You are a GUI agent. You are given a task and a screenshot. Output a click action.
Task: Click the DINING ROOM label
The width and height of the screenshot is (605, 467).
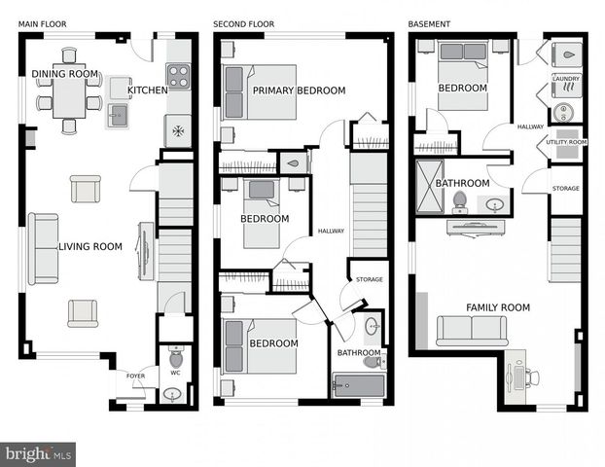pyautogui.click(x=65, y=74)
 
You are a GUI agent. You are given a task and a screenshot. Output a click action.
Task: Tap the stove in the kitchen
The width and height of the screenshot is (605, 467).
pyautogui.click(x=177, y=76)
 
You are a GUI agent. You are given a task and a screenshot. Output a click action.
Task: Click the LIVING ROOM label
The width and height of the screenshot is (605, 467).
pyautogui.click(x=90, y=247)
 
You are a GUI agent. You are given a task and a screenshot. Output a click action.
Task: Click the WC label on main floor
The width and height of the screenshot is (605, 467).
pyautogui.click(x=175, y=372)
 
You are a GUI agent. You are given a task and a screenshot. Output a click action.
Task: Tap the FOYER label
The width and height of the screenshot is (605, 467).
pyautogui.click(x=134, y=374)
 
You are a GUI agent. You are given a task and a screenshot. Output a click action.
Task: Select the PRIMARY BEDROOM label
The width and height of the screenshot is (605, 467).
pyautogui.click(x=299, y=91)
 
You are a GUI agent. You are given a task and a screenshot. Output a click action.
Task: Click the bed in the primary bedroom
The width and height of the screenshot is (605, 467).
pyautogui.click(x=260, y=92)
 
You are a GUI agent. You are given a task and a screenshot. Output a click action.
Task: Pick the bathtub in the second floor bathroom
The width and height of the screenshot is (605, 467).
pyautogui.click(x=358, y=384)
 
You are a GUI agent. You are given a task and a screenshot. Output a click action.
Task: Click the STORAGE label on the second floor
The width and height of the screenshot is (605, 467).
pyautogui.click(x=369, y=280)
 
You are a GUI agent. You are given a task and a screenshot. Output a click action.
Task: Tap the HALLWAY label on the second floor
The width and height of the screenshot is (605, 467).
pyautogui.click(x=332, y=231)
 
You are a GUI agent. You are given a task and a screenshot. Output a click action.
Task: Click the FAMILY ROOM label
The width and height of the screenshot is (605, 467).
pyautogui.click(x=497, y=307)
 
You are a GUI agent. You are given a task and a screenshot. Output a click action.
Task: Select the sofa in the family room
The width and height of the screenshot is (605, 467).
pyautogui.click(x=472, y=330)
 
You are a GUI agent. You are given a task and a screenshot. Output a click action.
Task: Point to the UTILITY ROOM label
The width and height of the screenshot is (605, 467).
pyautogui.click(x=565, y=142)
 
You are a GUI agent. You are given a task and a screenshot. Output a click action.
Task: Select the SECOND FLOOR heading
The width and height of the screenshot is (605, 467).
pyautogui.click(x=244, y=23)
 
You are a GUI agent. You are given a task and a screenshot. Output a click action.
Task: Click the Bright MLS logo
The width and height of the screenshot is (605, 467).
pyautogui.click(x=39, y=453)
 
